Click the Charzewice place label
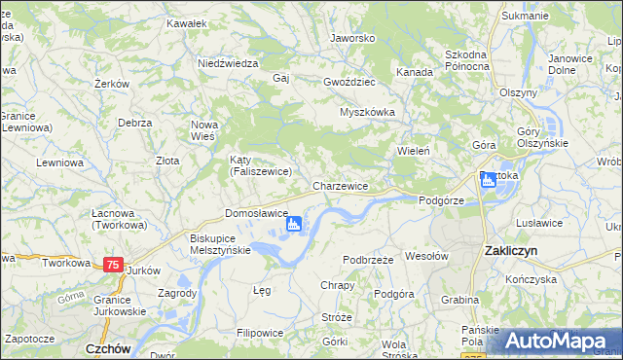340,186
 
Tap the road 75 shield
114,265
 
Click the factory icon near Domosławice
294,226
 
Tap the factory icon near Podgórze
488,181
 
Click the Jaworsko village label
352,38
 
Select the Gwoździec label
350,83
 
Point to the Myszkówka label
367,112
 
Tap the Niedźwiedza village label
227,62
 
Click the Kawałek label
187,22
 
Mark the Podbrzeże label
368,260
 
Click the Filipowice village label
260,332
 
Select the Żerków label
113,85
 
